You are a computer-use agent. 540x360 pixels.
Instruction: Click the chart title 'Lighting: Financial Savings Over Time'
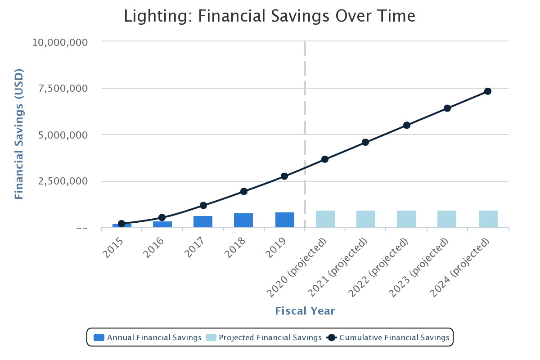point(270,16)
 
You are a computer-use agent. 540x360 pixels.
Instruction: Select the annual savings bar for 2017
point(203,221)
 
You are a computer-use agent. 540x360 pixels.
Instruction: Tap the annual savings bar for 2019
point(285,220)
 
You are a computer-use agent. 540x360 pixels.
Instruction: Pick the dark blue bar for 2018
point(243,220)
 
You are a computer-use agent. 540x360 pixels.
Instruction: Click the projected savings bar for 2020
point(325,219)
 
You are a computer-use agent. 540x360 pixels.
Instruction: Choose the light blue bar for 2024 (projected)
point(488,219)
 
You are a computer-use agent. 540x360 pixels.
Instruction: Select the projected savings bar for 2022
point(406,219)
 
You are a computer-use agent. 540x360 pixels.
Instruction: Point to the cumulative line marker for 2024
point(488,91)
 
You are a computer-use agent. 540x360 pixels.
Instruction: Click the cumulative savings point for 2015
point(121,224)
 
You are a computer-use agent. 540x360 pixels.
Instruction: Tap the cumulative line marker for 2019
point(284,176)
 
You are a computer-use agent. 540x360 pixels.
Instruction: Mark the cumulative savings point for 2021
point(365,142)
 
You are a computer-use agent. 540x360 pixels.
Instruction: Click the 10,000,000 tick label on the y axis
point(66,42)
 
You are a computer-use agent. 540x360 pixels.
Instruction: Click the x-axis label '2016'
point(154,247)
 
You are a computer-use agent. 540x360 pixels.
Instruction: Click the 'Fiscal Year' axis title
point(305,311)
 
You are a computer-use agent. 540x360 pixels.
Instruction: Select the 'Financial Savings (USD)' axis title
point(18,134)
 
